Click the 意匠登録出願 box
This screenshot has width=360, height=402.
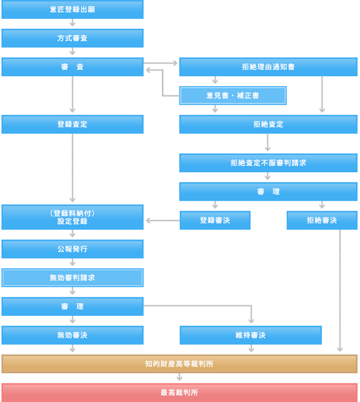point(72,10)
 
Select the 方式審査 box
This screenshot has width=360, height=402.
point(72,38)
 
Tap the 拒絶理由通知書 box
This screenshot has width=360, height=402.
point(268,66)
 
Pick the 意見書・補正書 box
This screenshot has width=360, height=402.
point(233,96)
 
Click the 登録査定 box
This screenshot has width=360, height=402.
point(72,124)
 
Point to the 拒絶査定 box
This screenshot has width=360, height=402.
point(268,124)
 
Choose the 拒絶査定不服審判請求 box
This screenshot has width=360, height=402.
point(268,163)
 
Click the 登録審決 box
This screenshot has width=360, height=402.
point(215,220)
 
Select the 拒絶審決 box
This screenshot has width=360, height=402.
point(322,220)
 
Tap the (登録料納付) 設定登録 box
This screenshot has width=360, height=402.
point(72,217)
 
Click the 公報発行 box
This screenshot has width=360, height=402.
point(72,249)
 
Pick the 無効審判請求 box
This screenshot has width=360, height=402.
point(72,278)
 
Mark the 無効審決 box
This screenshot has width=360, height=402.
point(72,335)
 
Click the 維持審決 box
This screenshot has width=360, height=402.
point(250,335)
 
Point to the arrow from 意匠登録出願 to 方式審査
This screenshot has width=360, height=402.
point(73,24)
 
